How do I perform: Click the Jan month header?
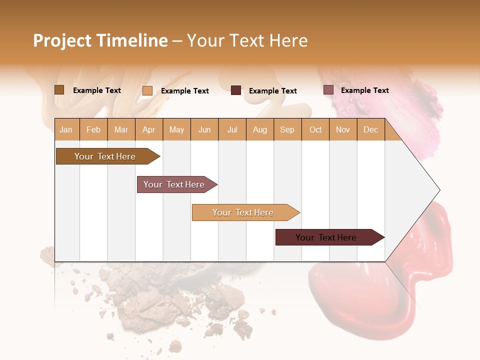click(x=66, y=129)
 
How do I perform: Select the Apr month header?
click(x=148, y=129)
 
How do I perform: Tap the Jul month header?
click(x=232, y=129)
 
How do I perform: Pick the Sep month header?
click(x=287, y=129)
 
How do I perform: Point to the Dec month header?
click(x=370, y=129)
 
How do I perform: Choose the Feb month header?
click(x=93, y=129)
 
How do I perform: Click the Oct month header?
click(x=315, y=129)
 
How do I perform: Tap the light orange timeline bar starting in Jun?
click(x=244, y=212)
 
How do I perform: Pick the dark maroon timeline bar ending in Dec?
click(x=327, y=237)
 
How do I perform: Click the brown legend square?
click(x=59, y=90)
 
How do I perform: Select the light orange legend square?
click(x=147, y=90)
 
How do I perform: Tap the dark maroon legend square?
click(x=236, y=90)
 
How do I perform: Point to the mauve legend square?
click(x=328, y=90)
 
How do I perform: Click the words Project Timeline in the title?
click(x=100, y=40)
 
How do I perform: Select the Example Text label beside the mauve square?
click(x=364, y=90)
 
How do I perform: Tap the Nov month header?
click(x=343, y=129)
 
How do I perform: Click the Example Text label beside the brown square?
click(x=97, y=90)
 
